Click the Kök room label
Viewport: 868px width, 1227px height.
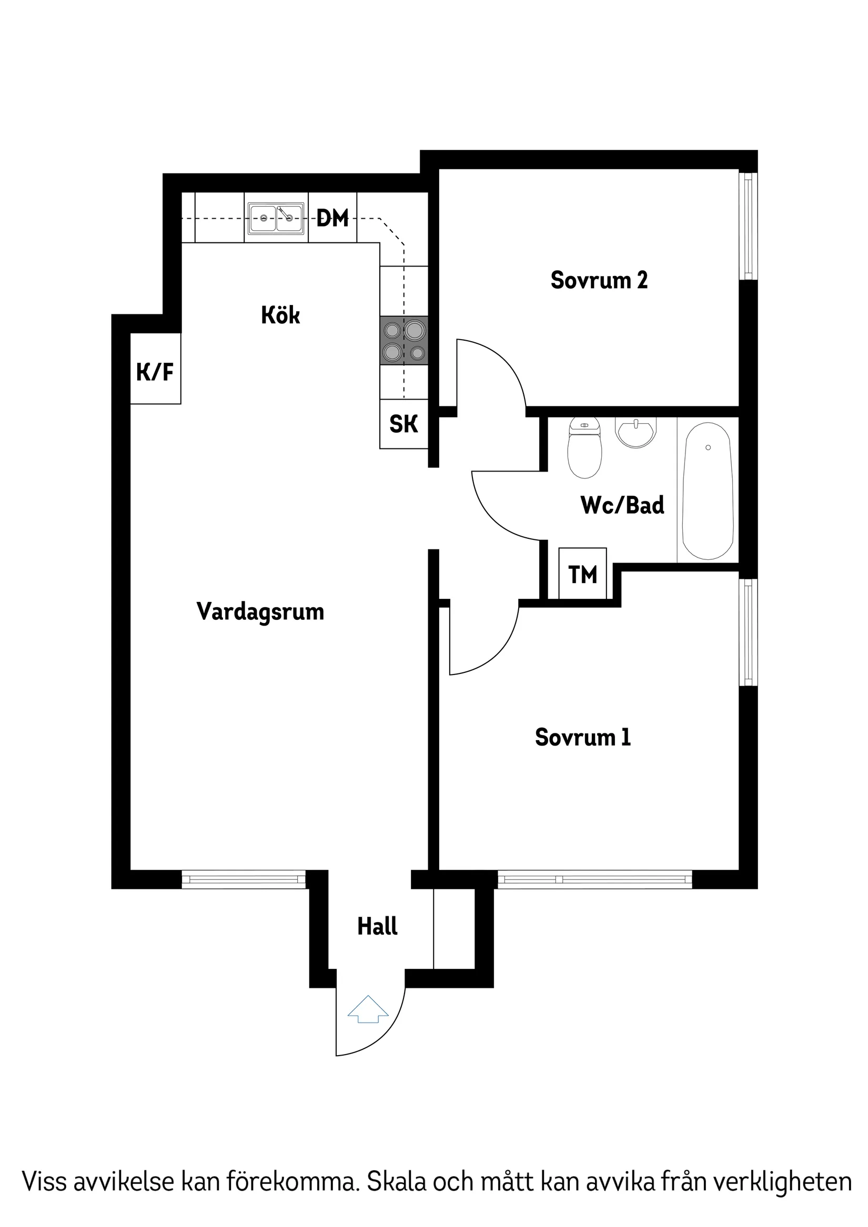[280, 315]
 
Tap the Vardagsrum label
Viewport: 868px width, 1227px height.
[260, 611]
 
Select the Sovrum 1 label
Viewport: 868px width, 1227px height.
[583, 738]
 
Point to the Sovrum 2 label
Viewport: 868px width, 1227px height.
[599, 280]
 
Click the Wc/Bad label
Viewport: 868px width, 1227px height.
[622, 505]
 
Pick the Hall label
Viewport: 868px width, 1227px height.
[377, 926]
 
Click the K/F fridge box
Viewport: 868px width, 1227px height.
[155, 369]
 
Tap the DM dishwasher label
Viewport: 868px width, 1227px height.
[332, 218]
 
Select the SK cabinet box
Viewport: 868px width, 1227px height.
[404, 424]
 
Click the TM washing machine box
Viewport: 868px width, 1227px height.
[582, 575]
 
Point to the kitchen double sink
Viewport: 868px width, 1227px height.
[276, 218]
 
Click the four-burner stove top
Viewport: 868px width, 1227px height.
[404, 341]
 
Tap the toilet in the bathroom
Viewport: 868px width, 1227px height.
[585, 448]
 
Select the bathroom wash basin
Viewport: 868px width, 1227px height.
[635, 432]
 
